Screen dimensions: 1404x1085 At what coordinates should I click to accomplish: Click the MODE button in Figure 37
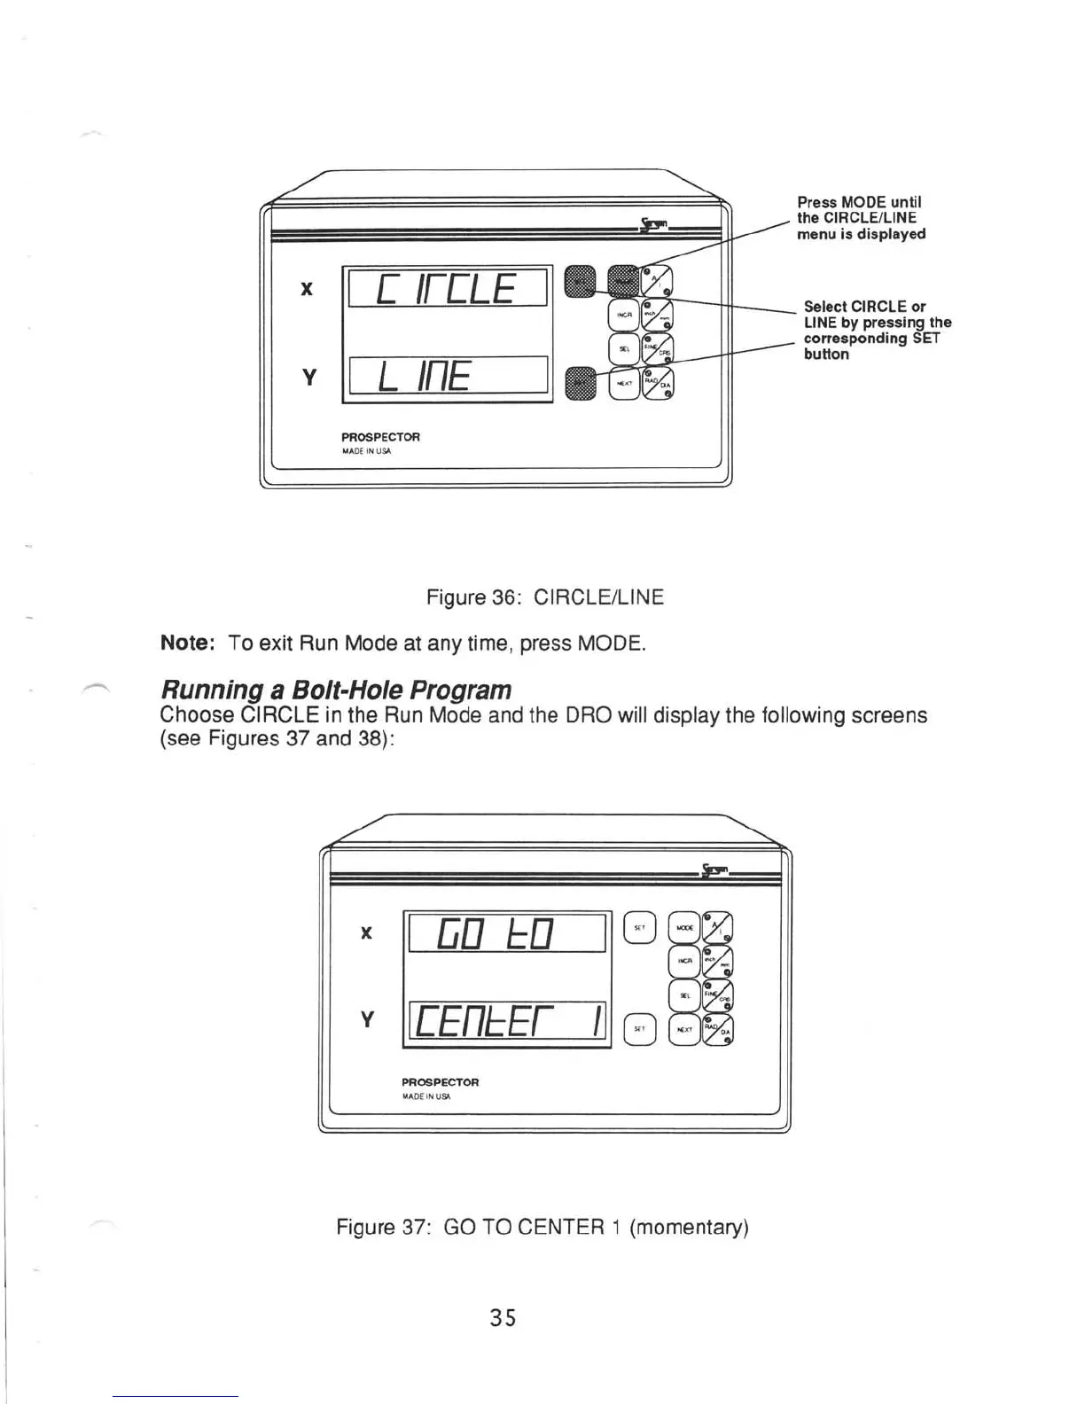pyautogui.click(x=683, y=927)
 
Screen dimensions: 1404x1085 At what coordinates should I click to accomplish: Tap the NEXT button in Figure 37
pyautogui.click(x=683, y=1030)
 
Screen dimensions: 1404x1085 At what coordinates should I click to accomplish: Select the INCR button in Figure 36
pyautogui.click(x=623, y=315)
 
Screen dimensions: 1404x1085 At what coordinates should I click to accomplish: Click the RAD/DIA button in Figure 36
pyautogui.click(x=659, y=383)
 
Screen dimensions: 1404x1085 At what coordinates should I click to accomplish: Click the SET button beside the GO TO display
pyautogui.click(x=639, y=927)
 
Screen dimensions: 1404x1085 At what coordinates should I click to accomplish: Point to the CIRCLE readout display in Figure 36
pyautogui.click(x=447, y=286)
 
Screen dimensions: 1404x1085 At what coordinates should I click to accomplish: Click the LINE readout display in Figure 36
pyautogui.click(x=449, y=377)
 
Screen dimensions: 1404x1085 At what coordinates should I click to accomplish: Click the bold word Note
pyautogui.click(x=188, y=643)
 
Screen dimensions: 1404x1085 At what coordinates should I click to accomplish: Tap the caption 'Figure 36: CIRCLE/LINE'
pyautogui.click(x=544, y=597)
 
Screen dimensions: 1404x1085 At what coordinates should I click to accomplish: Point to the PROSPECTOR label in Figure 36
pyautogui.click(x=380, y=437)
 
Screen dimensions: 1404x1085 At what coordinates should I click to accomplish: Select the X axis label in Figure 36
pyautogui.click(x=307, y=289)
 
